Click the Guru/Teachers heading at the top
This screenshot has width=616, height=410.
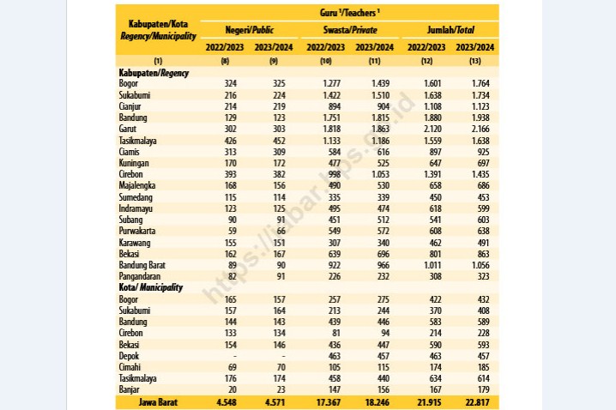[x=350, y=13]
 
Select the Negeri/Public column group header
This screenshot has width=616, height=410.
[x=249, y=30]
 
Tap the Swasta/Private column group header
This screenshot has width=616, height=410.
[x=350, y=30]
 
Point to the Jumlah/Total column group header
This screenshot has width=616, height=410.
[x=450, y=30]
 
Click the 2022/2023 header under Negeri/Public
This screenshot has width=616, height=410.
[x=225, y=47]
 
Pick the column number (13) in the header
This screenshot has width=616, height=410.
[x=475, y=61]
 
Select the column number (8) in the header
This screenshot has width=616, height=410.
[x=225, y=61]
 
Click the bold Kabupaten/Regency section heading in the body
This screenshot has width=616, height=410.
[x=154, y=73]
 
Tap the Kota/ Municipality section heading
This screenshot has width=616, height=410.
[x=150, y=287]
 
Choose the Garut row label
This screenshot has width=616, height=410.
[x=128, y=129]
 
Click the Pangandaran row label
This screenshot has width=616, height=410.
[x=140, y=276]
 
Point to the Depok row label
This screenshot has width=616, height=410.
[x=129, y=356]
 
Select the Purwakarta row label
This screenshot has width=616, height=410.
[x=137, y=231]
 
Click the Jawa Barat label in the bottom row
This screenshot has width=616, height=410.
[x=158, y=402]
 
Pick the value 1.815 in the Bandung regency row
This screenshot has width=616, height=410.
[x=380, y=118]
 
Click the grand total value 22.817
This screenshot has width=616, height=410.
[x=477, y=402]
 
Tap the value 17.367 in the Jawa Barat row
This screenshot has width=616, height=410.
[x=329, y=402]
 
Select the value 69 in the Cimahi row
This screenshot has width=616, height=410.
[x=233, y=367]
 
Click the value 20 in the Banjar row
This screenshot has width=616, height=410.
[x=233, y=389]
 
